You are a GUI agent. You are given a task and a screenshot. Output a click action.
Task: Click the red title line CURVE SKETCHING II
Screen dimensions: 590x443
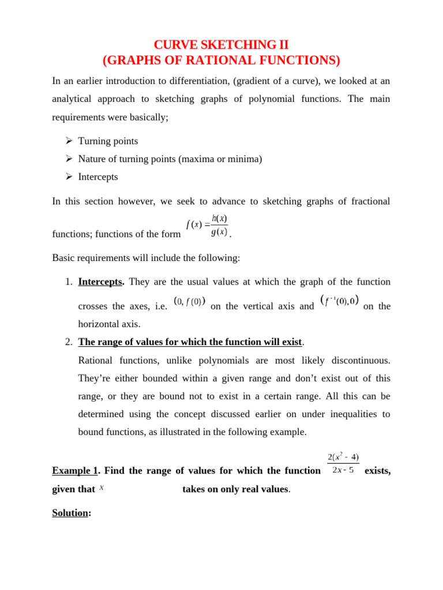[x=221, y=45]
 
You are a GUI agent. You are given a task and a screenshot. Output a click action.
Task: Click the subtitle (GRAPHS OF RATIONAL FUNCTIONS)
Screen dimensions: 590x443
[x=221, y=60]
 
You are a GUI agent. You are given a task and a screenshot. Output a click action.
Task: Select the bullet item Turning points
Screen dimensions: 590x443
[x=108, y=141]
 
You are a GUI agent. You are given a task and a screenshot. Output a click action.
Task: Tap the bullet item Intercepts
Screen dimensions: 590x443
[x=98, y=177]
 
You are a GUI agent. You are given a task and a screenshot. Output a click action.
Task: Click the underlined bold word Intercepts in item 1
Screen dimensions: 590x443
[x=100, y=282]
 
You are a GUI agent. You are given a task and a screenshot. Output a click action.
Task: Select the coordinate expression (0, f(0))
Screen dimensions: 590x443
[x=189, y=301]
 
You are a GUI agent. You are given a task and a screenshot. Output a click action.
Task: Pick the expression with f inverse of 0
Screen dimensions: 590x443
[x=339, y=301]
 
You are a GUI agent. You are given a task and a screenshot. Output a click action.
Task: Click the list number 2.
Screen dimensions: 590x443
[x=69, y=342]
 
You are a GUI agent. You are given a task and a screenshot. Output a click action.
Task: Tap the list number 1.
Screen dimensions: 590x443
[x=69, y=282]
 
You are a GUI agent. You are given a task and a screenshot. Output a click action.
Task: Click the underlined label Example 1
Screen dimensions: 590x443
[x=74, y=471]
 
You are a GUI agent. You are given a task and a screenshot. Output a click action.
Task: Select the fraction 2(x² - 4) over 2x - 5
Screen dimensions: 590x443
[x=343, y=463]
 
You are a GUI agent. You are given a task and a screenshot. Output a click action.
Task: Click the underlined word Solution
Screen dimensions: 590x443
[x=70, y=513]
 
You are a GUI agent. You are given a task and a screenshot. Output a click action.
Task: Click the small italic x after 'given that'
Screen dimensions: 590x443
[x=102, y=488]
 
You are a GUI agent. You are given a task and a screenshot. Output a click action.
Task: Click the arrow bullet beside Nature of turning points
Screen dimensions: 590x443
[x=69, y=159]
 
